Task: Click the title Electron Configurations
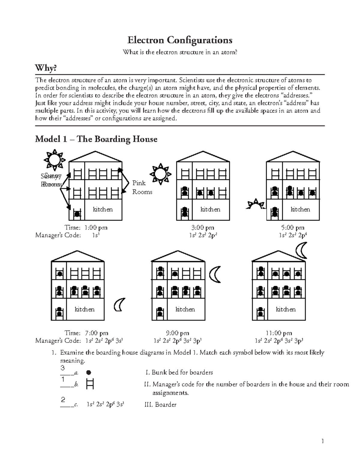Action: [180, 40]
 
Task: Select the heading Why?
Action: [46, 68]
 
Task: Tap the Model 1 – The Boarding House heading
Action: [96, 139]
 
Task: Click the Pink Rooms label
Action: [142, 188]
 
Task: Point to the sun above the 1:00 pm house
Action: [54, 159]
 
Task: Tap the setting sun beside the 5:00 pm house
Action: [255, 204]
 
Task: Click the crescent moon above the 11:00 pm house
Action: [301, 251]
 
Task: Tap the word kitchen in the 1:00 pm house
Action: [103, 209]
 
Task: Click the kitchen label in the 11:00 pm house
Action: [286, 309]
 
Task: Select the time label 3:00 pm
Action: [203, 228]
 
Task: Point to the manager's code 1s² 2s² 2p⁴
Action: [293, 235]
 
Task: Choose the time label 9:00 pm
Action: [178, 333]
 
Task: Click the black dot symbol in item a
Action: [88, 373]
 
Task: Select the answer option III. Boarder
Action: [160, 405]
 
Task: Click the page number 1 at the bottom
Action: [322, 441]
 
